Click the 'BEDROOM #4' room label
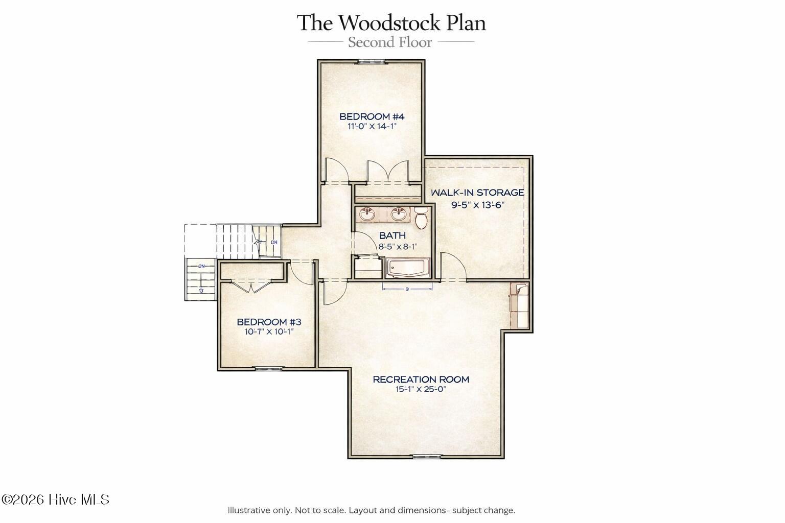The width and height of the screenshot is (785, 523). coord(372,116)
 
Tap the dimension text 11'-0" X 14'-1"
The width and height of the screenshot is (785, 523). coord(372,126)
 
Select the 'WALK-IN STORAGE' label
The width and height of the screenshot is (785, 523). coord(477,193)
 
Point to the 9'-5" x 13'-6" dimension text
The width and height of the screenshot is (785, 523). coord(478,205)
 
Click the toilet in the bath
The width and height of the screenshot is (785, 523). coord(421,218)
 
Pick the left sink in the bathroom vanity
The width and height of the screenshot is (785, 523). coord(367,213)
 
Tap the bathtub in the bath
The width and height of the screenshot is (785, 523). coord(407,269)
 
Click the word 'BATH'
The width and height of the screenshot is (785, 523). coord(392,235)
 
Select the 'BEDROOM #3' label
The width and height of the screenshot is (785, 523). coord(269,322)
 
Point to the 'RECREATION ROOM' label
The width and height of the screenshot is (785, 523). coord(421,379)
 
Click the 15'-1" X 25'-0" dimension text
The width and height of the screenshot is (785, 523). coord(421,389)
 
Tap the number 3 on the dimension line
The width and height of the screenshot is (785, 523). coord(407,290)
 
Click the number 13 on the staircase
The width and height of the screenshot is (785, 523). coord(201,291)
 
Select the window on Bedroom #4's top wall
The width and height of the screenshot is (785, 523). coord(372,62)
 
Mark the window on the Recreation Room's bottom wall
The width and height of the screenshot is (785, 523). coord(427,456)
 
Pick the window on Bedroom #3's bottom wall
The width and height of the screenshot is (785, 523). coord(268,368)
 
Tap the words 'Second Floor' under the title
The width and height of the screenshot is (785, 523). coord(390,42)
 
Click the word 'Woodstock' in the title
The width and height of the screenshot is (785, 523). coord(389,23)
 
